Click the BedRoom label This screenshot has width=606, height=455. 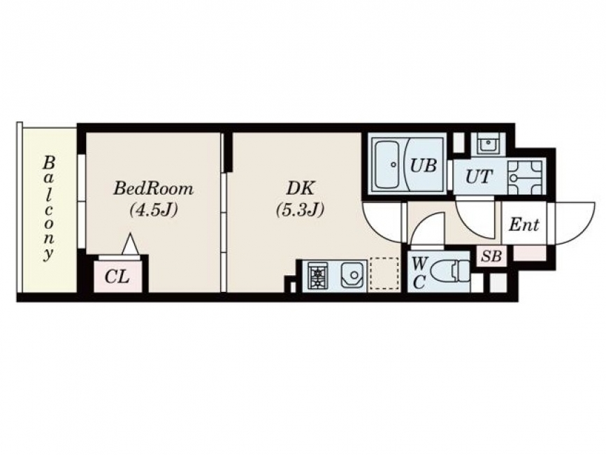click(x=153, y=189)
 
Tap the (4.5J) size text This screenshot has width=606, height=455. click(x=154, y=210)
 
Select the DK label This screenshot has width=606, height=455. click(x=300, y=188)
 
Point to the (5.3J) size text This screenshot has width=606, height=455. click(x=300, y=210)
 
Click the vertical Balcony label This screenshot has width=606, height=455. click(x=49, y=209)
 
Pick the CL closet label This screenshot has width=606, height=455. click(x=117, y=276)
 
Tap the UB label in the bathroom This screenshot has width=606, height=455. click(x=423, y=166)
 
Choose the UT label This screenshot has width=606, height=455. click(x=479, y=177)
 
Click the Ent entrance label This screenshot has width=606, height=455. click(x=524, y=225)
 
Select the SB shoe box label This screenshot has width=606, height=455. click(x=491, y=256)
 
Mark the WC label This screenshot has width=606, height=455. click(x=419, y=274)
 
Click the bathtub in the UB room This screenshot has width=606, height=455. click(x=388, y=164)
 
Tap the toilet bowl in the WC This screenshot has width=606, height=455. click(x=449, y=272)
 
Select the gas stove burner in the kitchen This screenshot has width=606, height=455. click(x=318, y=276)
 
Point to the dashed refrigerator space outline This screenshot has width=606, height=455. click(x=384, y=274)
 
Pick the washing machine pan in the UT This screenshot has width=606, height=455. click(x=525, y=178)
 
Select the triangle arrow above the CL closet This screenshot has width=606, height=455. click(x=129, y=244)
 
